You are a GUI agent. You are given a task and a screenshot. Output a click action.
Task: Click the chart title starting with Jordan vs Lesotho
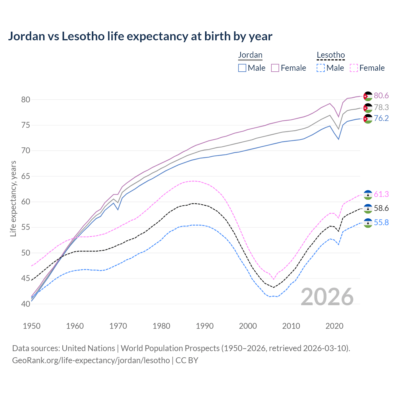click(140, 36)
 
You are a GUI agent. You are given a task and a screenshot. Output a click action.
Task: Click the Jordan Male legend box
click(242, 68)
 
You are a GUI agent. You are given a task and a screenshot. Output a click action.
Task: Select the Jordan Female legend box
click(275, 68)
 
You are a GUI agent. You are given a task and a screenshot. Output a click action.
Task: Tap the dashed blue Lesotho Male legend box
click(321, 68)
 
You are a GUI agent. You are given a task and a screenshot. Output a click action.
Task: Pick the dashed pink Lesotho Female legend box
click(354, 68)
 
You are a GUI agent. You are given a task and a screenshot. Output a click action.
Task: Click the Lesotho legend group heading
click(331, 55)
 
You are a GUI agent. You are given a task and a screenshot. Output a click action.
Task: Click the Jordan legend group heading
click(250, 55)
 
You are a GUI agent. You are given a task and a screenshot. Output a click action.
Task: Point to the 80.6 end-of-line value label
click(381, 96)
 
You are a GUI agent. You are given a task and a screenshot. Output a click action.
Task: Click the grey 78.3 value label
click(381, 107)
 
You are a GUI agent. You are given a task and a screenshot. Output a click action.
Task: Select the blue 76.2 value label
click(381, 118)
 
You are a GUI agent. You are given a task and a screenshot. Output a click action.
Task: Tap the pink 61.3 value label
click(381, 194)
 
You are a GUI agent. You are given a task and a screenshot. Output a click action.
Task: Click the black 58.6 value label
click(381, 208)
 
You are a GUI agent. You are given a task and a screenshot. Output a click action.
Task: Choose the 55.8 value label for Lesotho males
click(381, 223)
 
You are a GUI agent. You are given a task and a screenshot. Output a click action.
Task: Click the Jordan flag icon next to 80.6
click(368, 96)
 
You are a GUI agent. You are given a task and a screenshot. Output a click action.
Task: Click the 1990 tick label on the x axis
click(205, 326)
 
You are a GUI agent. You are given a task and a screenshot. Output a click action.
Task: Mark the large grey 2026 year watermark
click(327, 297)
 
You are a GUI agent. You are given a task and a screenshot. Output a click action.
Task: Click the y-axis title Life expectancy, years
click(13, 198)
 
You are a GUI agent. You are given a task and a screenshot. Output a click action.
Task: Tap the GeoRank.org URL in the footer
click(91, 360)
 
